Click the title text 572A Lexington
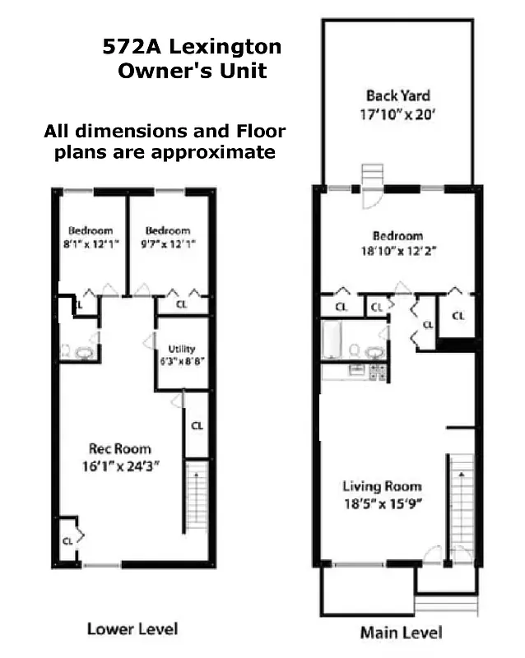[x=192, y=47]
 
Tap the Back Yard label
[x=398, y=95]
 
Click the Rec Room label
[x=120, y=448]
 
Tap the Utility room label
[x=181, y=349]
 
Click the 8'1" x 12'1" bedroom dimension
[x=91, y=244]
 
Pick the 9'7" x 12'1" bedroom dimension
[x=167, y=244]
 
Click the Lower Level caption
[x=132, y=628]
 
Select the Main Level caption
[x=401, y=632]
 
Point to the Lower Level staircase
[x=196, y=498]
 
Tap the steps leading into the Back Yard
[x=373, y=175]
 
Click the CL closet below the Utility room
[x=197, y=425]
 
